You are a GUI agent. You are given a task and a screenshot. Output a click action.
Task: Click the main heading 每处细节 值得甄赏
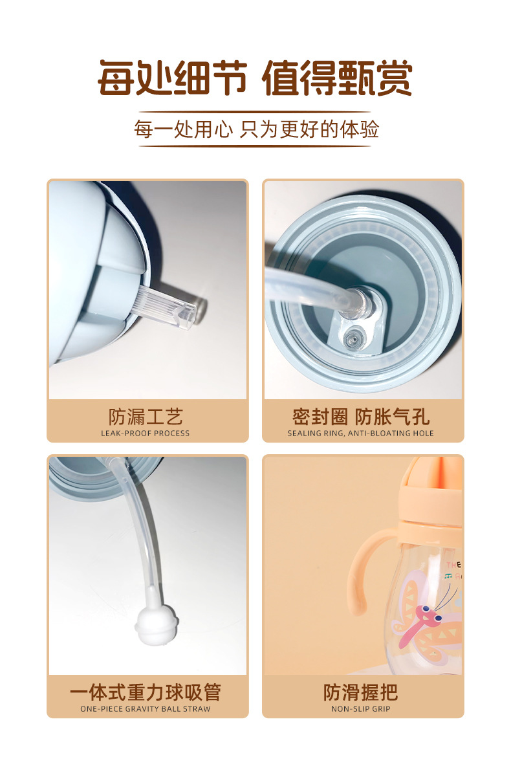click(x=255, y=78)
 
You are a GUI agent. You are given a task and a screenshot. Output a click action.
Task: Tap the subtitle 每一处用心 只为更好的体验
click(x=255, y=129)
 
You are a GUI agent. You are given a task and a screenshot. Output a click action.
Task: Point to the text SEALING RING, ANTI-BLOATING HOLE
click(x=361, y=433)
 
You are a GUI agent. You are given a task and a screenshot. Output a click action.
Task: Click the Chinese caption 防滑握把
click(x=361, y=692)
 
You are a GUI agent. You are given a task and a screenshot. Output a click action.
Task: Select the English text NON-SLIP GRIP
click(x=361, y=709)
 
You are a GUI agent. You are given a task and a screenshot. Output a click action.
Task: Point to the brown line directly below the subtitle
click(x=255, y=146)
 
